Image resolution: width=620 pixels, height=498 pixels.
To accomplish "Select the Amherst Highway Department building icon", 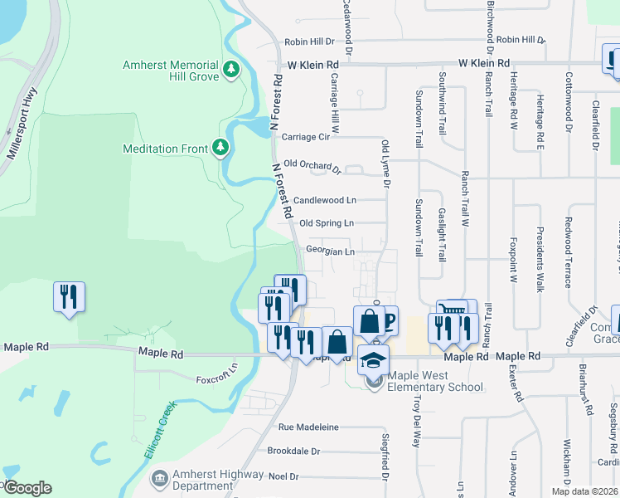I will (159, 479).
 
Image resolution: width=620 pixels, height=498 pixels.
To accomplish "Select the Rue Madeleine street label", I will (308, 427).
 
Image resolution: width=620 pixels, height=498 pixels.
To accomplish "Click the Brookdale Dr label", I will (293, 452).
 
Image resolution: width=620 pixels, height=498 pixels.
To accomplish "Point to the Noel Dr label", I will (283, 476).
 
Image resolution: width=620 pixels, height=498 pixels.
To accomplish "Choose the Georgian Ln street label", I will (330, 251).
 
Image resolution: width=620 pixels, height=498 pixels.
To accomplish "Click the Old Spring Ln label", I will (327, 223).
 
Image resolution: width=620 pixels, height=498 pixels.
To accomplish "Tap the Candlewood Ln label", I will (325, 200).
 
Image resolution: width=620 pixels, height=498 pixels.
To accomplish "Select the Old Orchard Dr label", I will (312, 167).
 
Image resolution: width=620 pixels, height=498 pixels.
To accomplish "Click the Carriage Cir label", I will (306, 137).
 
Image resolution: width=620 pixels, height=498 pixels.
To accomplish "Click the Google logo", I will (27, 487).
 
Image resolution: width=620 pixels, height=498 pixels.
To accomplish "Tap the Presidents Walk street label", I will (540, 259).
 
